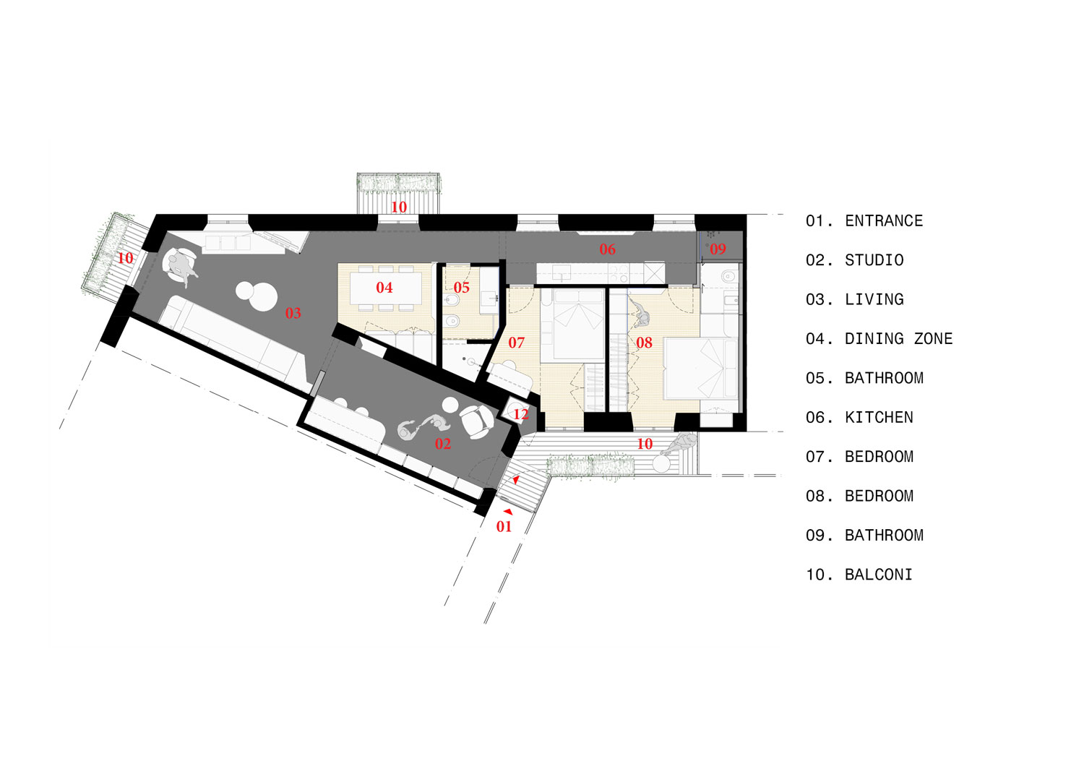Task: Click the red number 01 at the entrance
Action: [x=504, y=526]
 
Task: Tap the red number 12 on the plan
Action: [x=521, y=414]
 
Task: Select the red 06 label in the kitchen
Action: [x=607, y=249]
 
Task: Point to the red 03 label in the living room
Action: [x=293, y=313]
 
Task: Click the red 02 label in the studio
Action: [x=442, y=444]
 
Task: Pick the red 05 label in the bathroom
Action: [x=461, y=288]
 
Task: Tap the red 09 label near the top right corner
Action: [x=717, y=249]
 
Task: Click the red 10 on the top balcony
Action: [x=398, y=207]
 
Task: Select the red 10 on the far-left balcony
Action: [x=125, y=257]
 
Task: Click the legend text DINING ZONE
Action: [x=898, y=339]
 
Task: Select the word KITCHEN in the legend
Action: [x=879, y=418]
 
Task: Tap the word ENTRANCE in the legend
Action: [x=884, y=221]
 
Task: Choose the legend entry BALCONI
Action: [x=878, y=575]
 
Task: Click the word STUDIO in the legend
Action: [x=874, y=260]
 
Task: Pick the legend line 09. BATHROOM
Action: [x=864, y=536]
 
